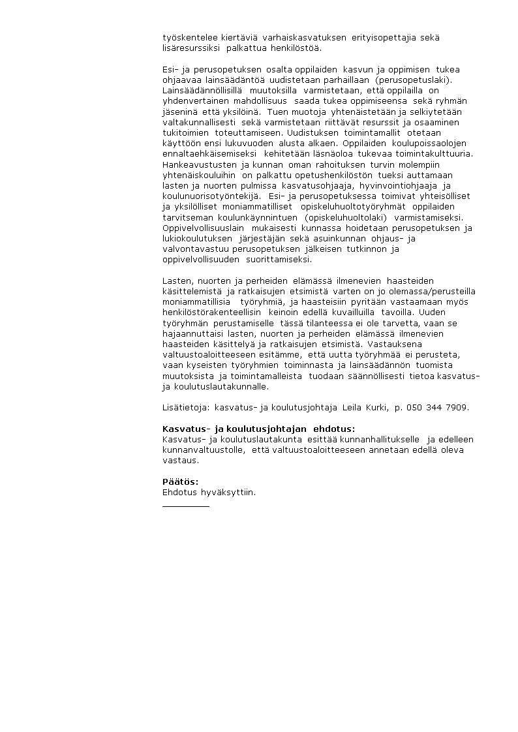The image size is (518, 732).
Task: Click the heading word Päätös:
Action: pos(180,482)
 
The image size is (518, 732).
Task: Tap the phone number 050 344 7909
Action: pos(437,408)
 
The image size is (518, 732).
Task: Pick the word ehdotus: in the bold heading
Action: pos(334,429)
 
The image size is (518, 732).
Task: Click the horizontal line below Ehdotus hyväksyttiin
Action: pos(185,506)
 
